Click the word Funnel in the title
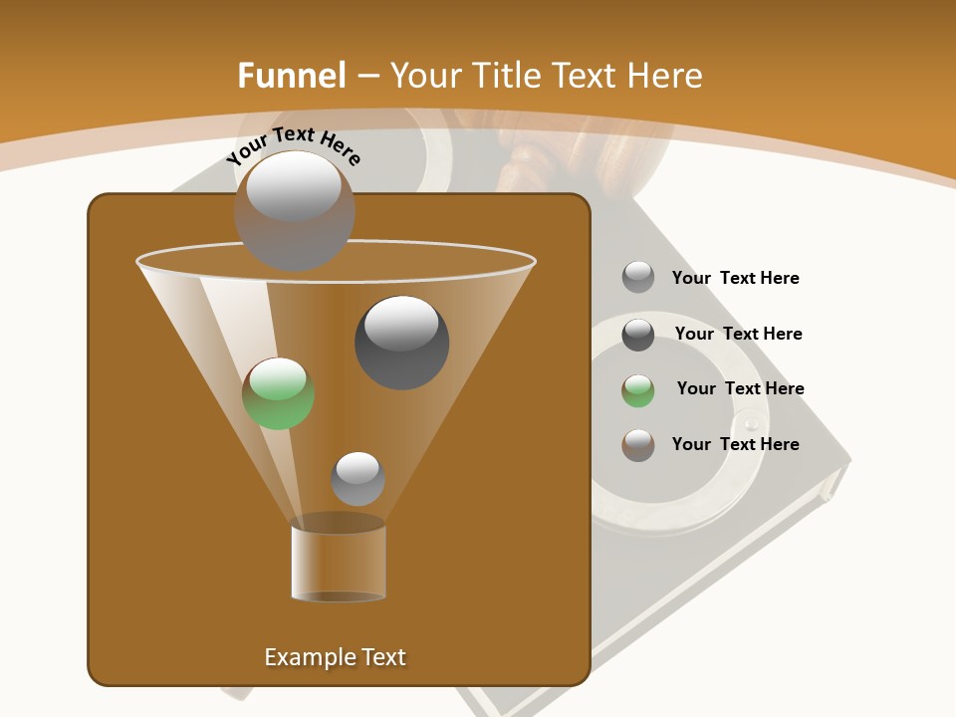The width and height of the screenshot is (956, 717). [291, 76]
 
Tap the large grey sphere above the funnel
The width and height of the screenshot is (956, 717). [294, 210]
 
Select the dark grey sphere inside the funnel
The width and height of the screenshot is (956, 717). [401, 342]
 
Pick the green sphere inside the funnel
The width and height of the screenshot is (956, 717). [279, 393]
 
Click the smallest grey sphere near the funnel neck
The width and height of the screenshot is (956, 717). [358, 478]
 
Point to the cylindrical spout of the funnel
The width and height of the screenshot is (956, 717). [338, 563]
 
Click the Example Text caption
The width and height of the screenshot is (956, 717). [335, 657]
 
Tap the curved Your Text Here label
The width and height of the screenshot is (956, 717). [293, 145]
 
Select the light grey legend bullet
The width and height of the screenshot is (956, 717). [638, 277]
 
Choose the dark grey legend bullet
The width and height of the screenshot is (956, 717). [638, 334]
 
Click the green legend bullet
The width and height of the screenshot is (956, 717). [638, 389]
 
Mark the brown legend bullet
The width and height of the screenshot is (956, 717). [638, 444]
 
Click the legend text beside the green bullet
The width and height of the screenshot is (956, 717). [740, 388]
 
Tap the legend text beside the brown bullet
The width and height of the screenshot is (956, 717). [735, 444]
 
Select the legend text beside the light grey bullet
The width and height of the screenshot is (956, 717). [735, 278]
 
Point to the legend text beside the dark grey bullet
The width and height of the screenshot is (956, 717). [738, 334]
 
